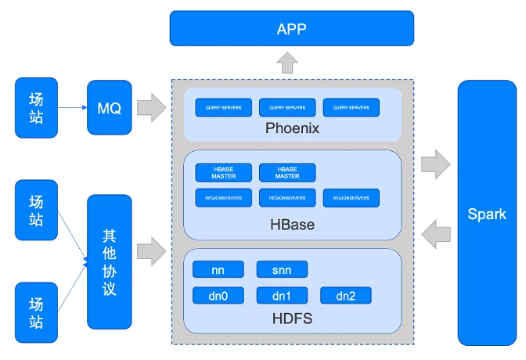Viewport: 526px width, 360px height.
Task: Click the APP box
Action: (291, 29)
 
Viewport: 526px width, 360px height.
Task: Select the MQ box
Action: (109, 108)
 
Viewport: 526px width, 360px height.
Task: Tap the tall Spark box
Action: (487, 213)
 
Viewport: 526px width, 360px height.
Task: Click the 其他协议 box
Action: (109, 262)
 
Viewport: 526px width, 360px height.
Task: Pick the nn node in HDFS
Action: (218, 270)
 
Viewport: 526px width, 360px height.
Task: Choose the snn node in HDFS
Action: (282, 270)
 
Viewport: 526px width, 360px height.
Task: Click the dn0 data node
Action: (218, 296)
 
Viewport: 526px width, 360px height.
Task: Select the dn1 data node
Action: (282, 296)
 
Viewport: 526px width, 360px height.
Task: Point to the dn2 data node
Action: (345, 296)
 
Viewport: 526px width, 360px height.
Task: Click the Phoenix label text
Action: (292, 128)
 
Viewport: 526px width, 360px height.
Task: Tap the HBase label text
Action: (292, 225)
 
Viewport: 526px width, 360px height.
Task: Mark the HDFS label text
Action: (292, 319)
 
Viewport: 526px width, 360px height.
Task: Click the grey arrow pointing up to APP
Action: (287, 62)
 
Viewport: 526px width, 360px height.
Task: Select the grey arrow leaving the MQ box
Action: (151, 108)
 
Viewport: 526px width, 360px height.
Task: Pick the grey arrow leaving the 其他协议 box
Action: (151, 251)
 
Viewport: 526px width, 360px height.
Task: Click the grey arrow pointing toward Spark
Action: (435, 164)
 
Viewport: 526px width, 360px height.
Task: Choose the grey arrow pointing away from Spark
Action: (435, 232)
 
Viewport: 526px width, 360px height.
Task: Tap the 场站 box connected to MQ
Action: (36, 108)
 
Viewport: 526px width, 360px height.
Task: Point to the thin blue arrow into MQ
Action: (73, 108)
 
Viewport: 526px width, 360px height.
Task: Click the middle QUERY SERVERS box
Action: (287, 107)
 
